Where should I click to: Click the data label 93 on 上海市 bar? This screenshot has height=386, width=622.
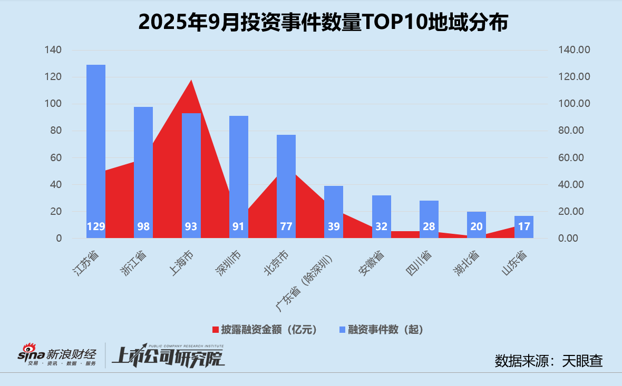coord(191,227)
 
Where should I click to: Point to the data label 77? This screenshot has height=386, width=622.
coord(286,227)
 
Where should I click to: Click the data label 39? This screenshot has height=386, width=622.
coord(334,227)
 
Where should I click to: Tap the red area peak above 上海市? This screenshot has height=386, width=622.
coord(191,82)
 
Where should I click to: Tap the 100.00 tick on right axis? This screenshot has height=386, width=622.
coord(575,104)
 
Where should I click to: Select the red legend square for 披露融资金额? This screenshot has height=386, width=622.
coord(216,330)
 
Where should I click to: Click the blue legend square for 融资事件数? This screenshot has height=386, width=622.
coord(342,330)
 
